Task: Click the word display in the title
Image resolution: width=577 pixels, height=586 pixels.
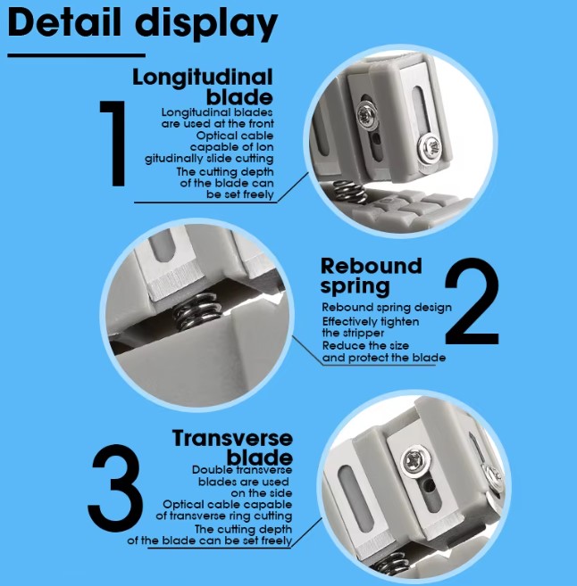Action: [206, 25]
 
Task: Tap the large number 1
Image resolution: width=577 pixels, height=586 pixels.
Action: [113, 143]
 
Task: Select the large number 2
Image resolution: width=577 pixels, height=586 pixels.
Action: [472, 301]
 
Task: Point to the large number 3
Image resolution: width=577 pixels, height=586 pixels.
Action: [115, 488]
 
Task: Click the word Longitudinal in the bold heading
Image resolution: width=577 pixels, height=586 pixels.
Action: [203, 78]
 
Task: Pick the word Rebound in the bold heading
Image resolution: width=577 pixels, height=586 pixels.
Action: [372, 266]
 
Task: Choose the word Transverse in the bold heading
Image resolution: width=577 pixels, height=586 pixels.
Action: [232, 438]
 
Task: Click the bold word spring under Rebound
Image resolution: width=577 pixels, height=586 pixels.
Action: [355, 287]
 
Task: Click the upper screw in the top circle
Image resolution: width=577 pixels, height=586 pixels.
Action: [367, 115]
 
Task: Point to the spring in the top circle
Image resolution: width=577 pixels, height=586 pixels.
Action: [350, 192]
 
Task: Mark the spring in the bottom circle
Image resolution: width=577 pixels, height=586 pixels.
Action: [393, 565]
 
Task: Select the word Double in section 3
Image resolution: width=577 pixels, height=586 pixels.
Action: [210, 469]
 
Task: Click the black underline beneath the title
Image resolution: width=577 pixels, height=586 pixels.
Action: [76, 55]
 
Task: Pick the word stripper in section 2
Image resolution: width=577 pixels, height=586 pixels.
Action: [364, 334]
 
